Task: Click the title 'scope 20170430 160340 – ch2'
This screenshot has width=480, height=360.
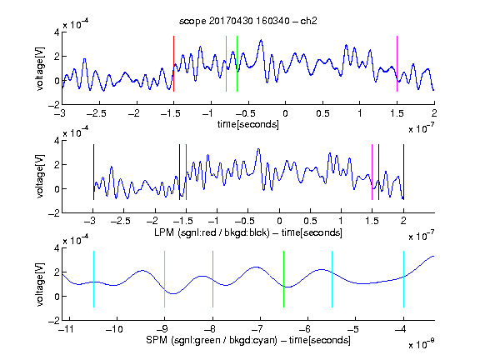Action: [248, 21]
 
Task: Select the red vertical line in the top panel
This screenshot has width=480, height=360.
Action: [173, 63]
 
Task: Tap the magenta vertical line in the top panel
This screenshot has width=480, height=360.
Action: [397, 63]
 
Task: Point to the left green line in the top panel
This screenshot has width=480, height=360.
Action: [226, 63]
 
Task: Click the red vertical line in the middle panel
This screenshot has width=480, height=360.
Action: [186, 172]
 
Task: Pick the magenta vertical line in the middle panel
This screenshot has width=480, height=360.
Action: [372, 172]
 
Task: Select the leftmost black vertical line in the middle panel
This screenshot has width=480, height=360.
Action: [93, 172]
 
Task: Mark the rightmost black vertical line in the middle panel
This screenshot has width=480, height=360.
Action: [403, 172]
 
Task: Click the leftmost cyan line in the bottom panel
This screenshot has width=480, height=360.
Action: [93, 279]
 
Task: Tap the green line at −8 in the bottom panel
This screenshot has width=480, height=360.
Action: [212, 279]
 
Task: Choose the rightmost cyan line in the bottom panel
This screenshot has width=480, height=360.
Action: [403, 279]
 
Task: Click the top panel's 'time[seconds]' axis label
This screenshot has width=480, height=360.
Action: [248, 125]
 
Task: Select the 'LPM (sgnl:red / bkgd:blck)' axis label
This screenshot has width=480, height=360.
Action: [212, 232]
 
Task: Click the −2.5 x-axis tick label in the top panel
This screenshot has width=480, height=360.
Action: [97, 113]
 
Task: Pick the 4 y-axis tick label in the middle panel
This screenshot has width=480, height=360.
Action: [57, 141]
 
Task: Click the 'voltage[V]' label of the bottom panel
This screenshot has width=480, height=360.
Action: [39, 284]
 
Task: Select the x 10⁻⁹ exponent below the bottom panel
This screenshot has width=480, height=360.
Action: [421, 344]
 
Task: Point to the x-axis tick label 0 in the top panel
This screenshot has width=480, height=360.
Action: [285, 113]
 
